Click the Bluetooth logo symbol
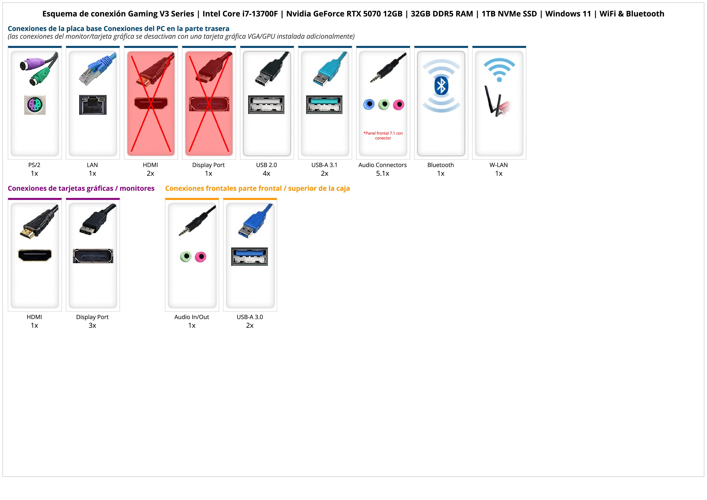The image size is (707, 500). [441, 86]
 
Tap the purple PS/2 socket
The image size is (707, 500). [35, 105]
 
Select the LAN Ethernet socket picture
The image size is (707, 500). [93, 105]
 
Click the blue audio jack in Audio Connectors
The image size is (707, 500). [369, 104]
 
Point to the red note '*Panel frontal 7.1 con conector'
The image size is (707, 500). [383, 136]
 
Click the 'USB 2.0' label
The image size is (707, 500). [266, 165]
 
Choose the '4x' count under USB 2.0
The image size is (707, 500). [266, 173]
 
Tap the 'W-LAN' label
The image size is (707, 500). [499, 165]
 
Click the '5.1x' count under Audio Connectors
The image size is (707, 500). [383, 173]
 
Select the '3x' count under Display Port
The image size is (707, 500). [92, 325]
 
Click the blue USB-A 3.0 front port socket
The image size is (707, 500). [250, 256]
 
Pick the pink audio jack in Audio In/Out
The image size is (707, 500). [201, 256]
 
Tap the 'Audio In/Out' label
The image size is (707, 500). [191, 317]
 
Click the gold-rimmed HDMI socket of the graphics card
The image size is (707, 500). [35, 255]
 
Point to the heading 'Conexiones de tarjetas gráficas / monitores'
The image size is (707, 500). [81, 188]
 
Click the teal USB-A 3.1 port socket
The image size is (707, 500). [324, 104]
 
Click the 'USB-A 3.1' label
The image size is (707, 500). [324, 165]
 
